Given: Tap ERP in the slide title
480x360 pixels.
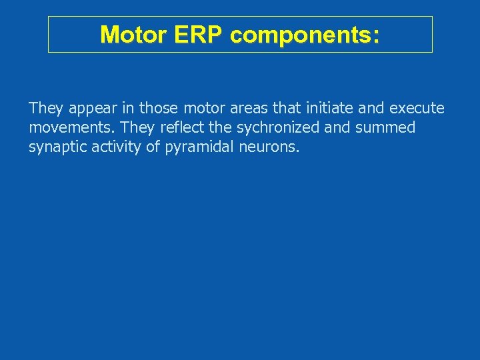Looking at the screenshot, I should (x=194, y=35).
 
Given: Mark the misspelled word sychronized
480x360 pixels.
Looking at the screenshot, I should (x=278, y=127).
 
